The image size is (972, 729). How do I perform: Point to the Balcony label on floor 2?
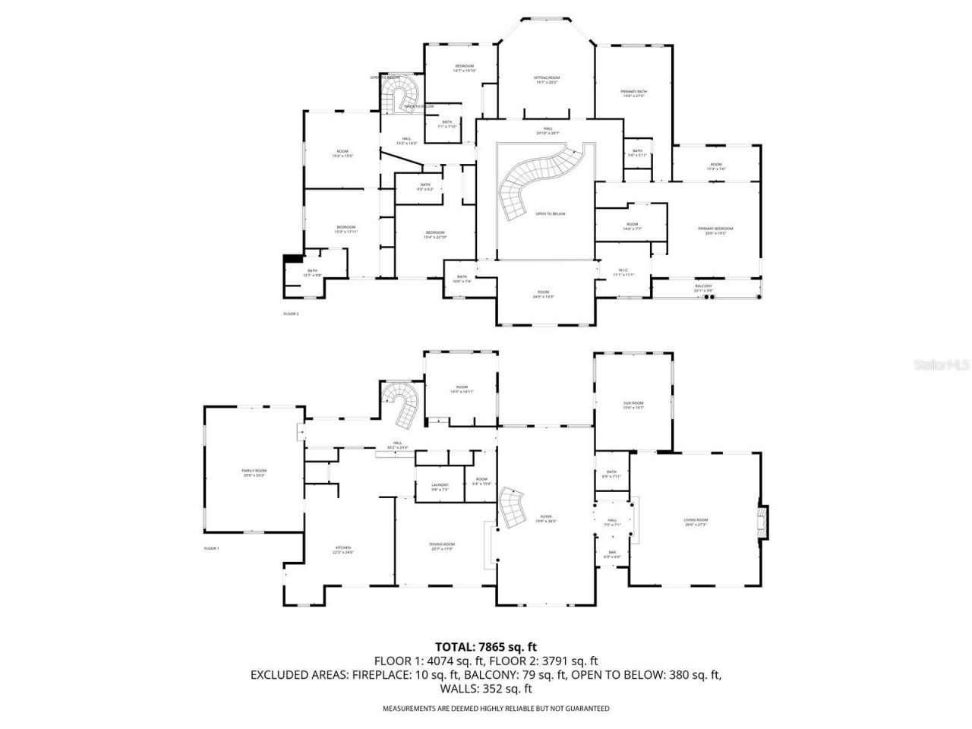click(703, 288)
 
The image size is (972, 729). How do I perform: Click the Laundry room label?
click(440, 487)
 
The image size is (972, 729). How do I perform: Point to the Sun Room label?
click(633, 406)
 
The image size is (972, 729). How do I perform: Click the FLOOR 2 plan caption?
click(291, 313)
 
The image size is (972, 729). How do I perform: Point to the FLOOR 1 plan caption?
click(211, 548)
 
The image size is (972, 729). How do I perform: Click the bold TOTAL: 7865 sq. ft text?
click(485, 647)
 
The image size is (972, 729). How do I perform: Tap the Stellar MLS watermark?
click(941, 364)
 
